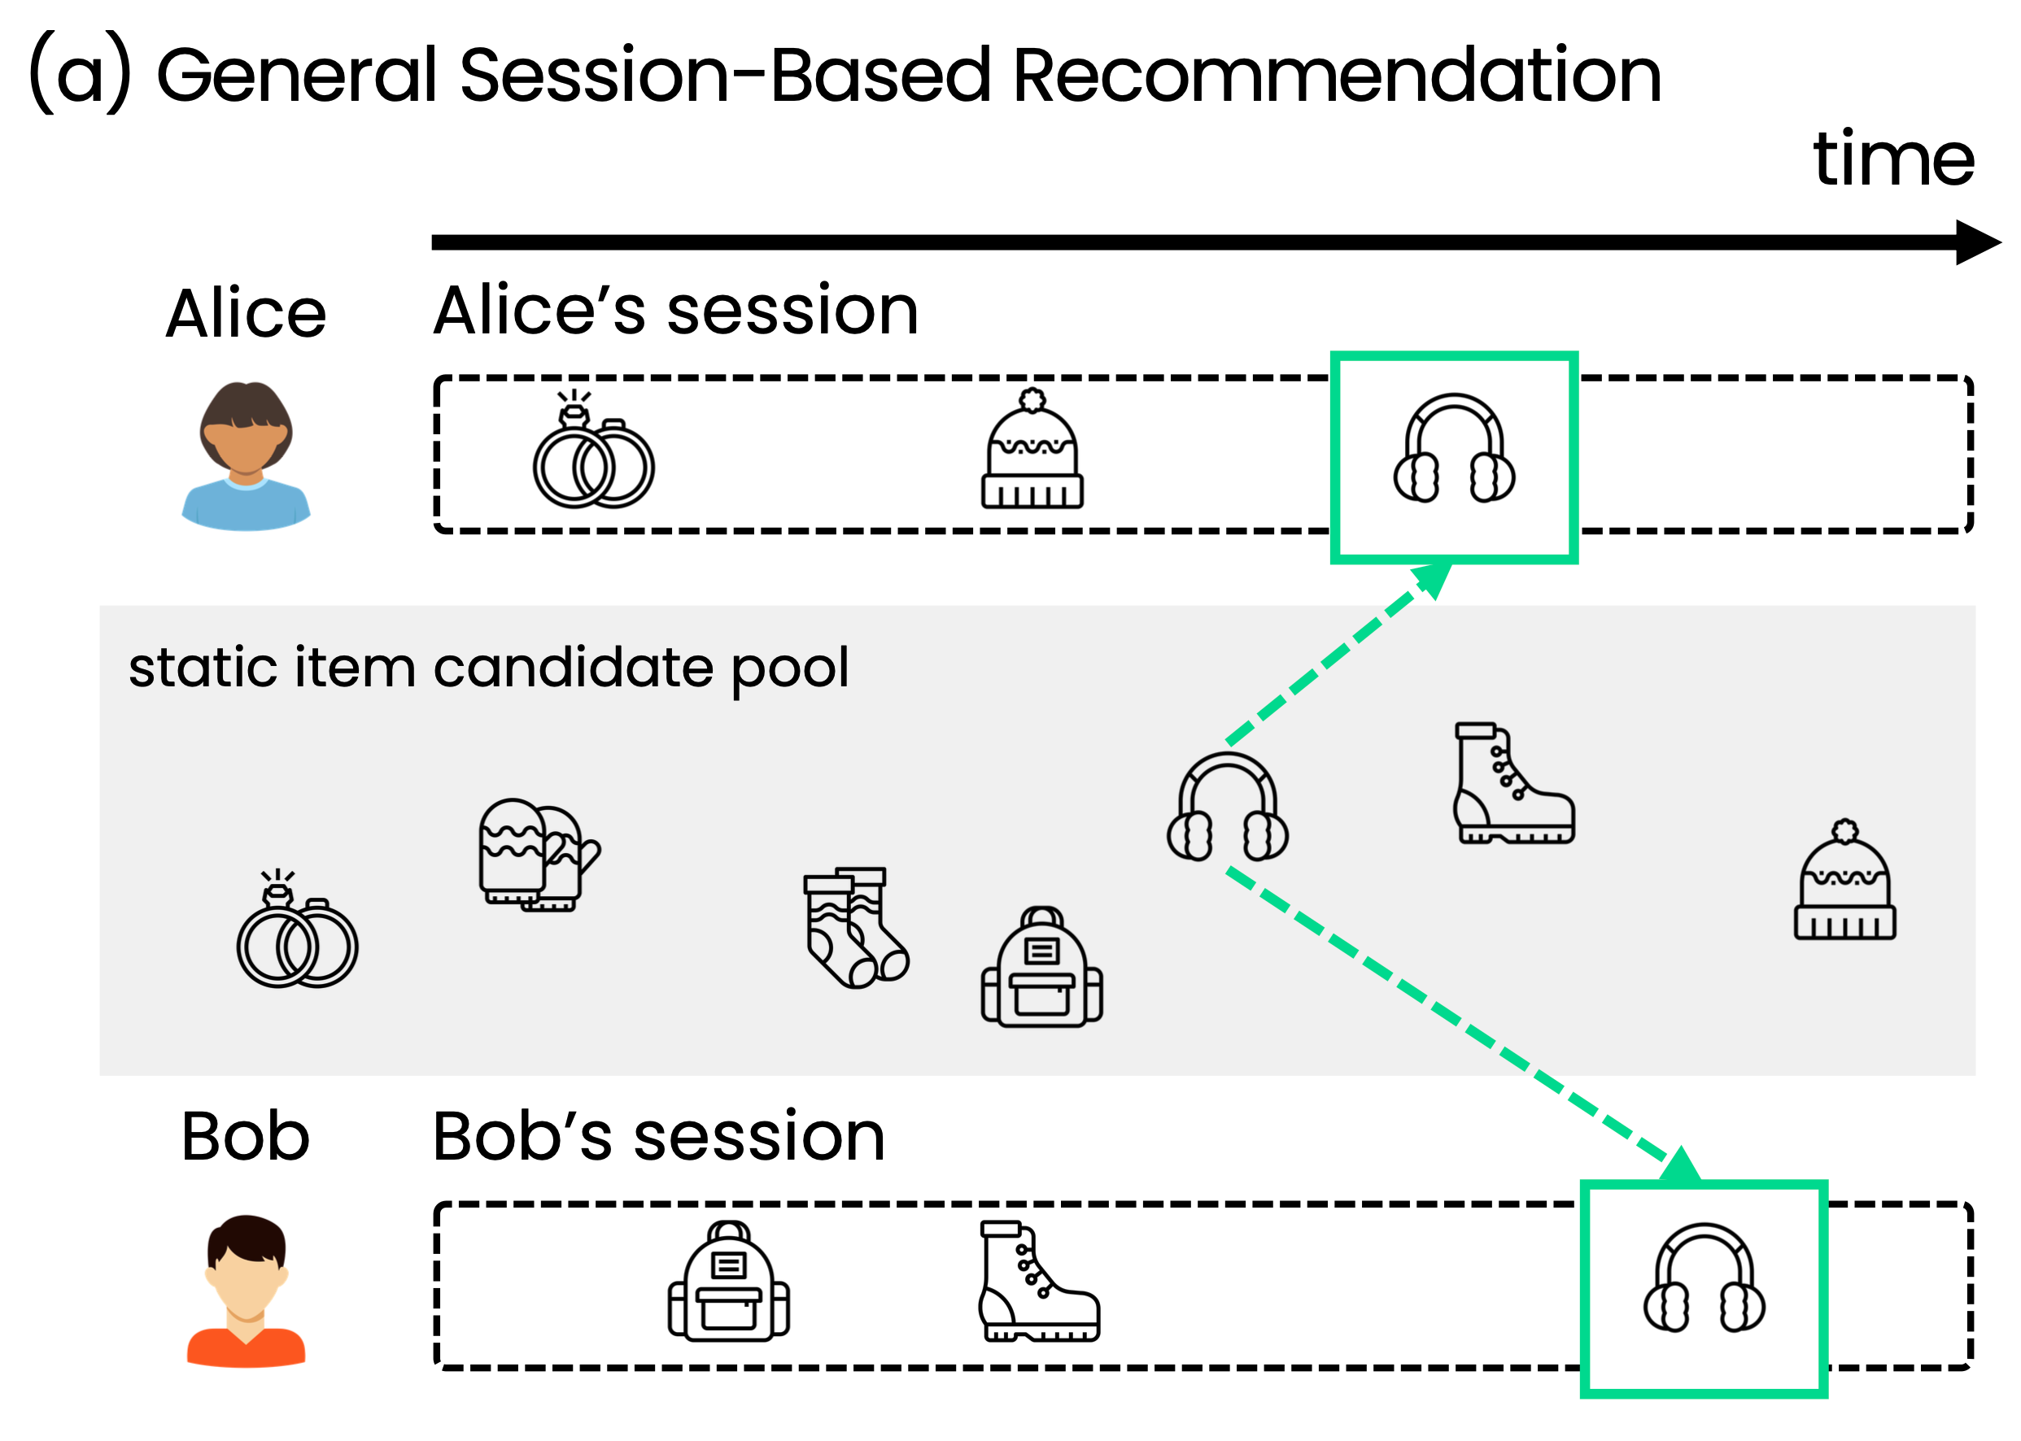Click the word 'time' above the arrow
(1892, 159)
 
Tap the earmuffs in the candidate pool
(1227, 808)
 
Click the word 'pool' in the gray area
(789, 670)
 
